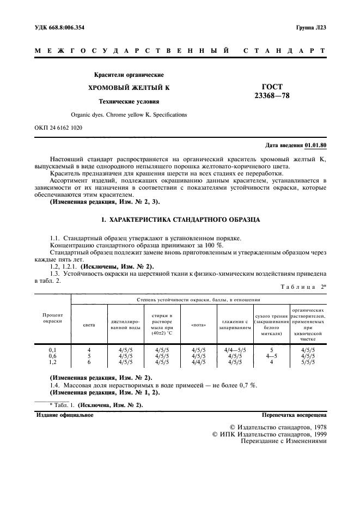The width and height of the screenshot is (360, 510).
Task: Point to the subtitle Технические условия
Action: click(129, 101)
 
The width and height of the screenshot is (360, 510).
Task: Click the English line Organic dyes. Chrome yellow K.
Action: click(129, 115)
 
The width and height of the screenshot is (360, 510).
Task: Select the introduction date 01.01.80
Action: click(315, 146)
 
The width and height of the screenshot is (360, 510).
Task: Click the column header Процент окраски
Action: click(53, 318)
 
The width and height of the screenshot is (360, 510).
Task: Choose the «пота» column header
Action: click(199, 325)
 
